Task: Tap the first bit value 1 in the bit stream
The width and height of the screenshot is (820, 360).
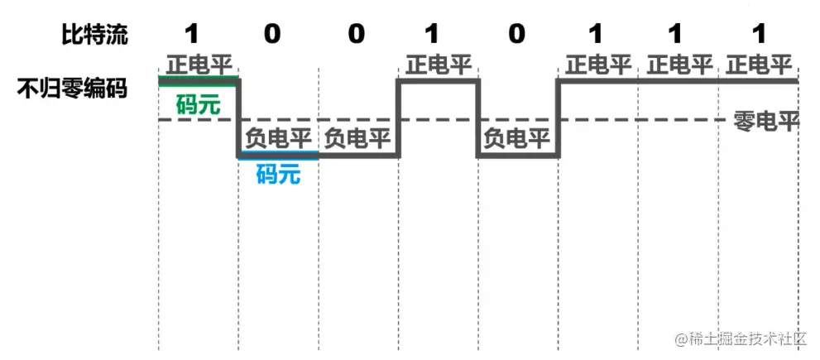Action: coord(193,33)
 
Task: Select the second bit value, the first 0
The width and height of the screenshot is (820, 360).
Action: coord(272,33)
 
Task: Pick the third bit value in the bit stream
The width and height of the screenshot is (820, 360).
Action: coord(356,33)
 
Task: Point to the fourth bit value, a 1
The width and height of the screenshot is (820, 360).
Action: coord(431,33)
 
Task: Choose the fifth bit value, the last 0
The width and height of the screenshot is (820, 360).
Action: coord(517,33)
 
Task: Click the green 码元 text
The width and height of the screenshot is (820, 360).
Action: coord(198,105)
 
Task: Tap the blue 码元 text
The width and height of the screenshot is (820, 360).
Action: coord(278,174)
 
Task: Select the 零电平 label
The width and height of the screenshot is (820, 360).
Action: coord(765,122)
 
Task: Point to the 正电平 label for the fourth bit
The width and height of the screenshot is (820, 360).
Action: coord(439,65)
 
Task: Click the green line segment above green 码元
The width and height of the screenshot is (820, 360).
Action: coord(198,79)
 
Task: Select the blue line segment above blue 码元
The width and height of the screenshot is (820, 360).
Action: coord(278,156)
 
